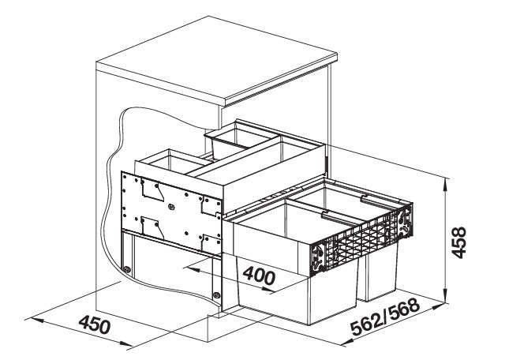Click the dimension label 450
pos(95,324)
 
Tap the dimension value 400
pos(259,276)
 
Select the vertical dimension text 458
pos(459,242)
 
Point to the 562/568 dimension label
pos(385,317)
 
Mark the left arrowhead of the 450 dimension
pos(32,320)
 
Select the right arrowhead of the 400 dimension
pos(269,290)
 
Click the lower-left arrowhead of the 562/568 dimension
pos(346,342)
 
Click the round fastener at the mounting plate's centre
pos(172,207)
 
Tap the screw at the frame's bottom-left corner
pos(127,269)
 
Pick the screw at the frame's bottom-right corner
pos(216,295)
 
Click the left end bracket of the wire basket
pos(318,258)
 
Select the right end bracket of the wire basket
pos(406,222)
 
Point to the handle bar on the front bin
pos(338,216)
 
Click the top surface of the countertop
pos(217,57)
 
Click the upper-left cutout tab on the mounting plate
pos(152,191)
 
